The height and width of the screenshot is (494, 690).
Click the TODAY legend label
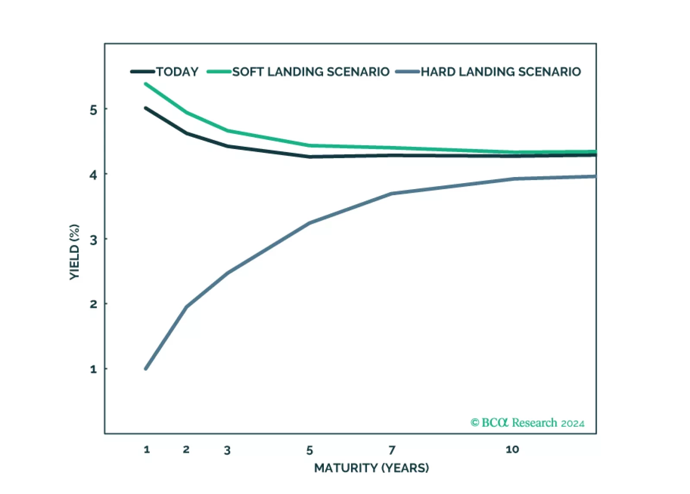tap(177, 72)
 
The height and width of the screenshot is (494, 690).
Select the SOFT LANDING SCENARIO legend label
tap(310, 72)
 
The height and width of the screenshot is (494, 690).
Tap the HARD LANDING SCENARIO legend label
tap(500, 72)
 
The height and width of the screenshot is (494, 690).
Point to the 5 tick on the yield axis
tap(93, 110)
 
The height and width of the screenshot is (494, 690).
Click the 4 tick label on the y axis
tap(93, 175)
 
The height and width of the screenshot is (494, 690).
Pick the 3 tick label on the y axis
tap(93, 240)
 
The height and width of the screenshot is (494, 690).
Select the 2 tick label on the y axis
tap(93, 304)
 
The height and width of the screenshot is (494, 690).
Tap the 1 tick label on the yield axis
tap(93, 369)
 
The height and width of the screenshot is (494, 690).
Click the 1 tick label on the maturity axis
tap(147, 450)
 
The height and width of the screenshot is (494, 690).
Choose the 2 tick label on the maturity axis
tap(186, 450)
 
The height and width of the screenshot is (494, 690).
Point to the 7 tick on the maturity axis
tap(392, 450)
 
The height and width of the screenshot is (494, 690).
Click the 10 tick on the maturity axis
tap(512, 450)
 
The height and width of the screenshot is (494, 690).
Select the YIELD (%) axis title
tap(75, 252)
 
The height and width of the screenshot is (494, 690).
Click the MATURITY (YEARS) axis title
tap(371, 468)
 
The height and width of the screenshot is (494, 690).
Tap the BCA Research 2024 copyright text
tap(527, 423)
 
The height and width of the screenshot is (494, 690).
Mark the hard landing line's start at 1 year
tap(146, 368)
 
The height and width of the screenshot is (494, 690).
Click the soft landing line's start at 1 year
tap(146, 84)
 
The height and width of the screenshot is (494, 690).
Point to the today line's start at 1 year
tap(146, 108)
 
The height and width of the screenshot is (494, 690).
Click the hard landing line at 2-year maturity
tap(186, 307)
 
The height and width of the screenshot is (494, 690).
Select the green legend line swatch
tap(219, 72)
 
